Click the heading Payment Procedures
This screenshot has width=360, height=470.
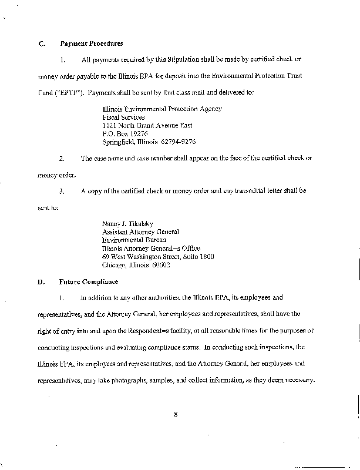pyautogui.click(x=92, y=43)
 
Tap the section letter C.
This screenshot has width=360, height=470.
pyautogui.click(x=41, y=43)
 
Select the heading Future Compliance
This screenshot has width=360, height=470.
pyautogui.click(x=89, y=281)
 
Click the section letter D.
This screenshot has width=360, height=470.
pyautogui.click(x=41, y=281)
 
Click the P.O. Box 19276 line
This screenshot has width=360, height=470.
pyautogui.click(x=125, y=133)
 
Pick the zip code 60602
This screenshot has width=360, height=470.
pyautogui.click(x=159, y=265)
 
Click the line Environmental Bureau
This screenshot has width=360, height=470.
pyautogui.click(x=134, y=240)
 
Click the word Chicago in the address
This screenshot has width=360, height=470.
pyautogui.click(x=114, y=265)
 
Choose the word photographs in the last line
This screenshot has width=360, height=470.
pyautogui.click(x=137, y=380)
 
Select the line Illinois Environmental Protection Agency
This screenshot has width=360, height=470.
pyautogui.click(x=162, y=109)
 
